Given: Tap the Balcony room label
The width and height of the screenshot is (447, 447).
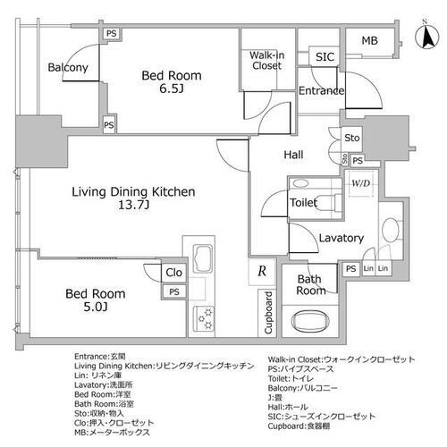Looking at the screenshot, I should pyautogui.click(x=68, y=68).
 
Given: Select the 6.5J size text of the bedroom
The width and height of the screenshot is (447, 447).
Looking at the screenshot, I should pyautogui.click(x=172, y=91).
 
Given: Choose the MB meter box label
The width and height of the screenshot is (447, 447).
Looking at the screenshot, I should pyautogui.click(x=370, y=41).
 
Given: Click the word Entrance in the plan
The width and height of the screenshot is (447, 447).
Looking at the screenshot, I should pyautogui.click(x=321, y=90).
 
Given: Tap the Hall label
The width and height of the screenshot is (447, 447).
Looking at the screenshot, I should pyautogui.click(x=293, y=155).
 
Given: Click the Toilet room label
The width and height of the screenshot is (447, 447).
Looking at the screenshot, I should pyautogui.click(x=303, y=203).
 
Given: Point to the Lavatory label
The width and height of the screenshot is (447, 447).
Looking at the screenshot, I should pyautogui.click(x=342, y=238).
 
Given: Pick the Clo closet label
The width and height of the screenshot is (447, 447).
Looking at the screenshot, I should pyautogui.click(x=174, y=274).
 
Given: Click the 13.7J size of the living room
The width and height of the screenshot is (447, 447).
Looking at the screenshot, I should pyautogui.click(x=122, y=208).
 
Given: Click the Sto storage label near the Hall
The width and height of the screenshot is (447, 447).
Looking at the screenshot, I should pyautogui.click(x=351, y=139).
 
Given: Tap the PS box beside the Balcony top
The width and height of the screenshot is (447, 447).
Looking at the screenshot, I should pyautogui.click(x=111, y=33).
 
